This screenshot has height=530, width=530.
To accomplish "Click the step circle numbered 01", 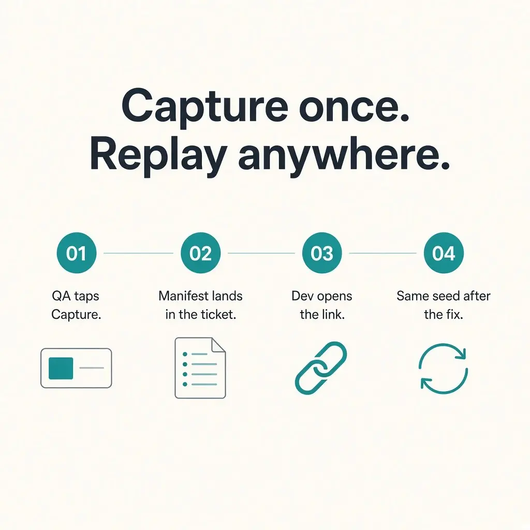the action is (x=77, y=253).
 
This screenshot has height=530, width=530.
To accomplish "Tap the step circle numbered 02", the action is (x=200, y=253).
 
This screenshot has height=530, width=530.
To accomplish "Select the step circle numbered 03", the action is (x=322, y=253).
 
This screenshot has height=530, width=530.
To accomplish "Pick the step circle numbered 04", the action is (x=444, y=253).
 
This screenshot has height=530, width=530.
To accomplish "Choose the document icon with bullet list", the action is (x=200, y=368).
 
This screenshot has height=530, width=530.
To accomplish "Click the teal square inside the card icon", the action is (x=61, y=368).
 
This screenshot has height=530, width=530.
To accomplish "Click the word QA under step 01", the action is (x=61, y=296).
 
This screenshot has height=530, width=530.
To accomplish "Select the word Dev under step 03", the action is (x=302, y=296).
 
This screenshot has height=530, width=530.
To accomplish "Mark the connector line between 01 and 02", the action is (x=138, y=253).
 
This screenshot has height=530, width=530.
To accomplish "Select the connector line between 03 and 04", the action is (x=382, y=253).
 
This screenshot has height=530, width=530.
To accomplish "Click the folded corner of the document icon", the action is (x=218, y=345).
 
